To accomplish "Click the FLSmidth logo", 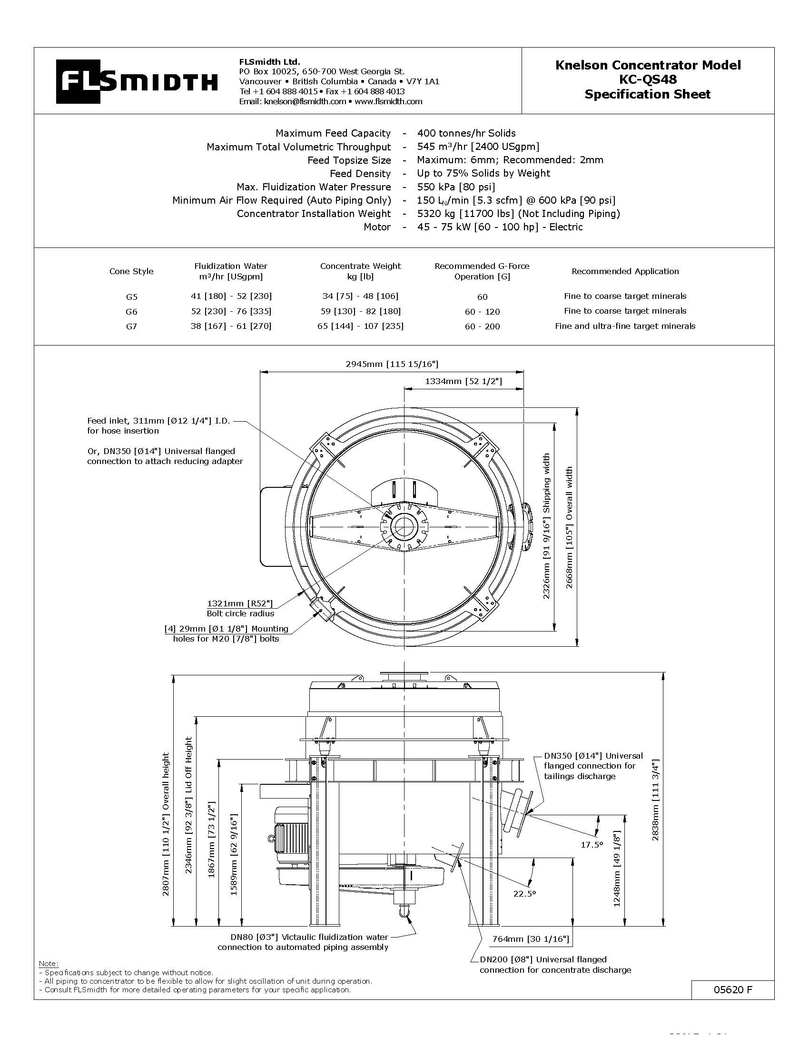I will tap(137, 81).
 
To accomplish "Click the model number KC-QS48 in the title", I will tap(648, 79).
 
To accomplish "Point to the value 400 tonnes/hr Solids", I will tap(466, 133).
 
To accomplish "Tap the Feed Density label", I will tap(360, 174).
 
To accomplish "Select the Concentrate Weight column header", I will tap(360, 271).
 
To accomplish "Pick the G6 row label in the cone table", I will tap(131, 312).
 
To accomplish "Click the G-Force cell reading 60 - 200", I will tap(482, 326).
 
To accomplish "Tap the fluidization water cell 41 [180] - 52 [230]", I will tap(231, 296).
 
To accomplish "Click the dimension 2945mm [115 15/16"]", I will tap(392, 365).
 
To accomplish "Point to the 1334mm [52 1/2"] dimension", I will tap(463, 381).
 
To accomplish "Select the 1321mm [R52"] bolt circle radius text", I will tap(240, 603).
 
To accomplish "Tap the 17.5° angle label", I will tap(591, 845).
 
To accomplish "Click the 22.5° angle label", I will tap(524, 894).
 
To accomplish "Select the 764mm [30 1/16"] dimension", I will tap(530, 938).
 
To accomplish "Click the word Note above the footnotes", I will tap(48, 964).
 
